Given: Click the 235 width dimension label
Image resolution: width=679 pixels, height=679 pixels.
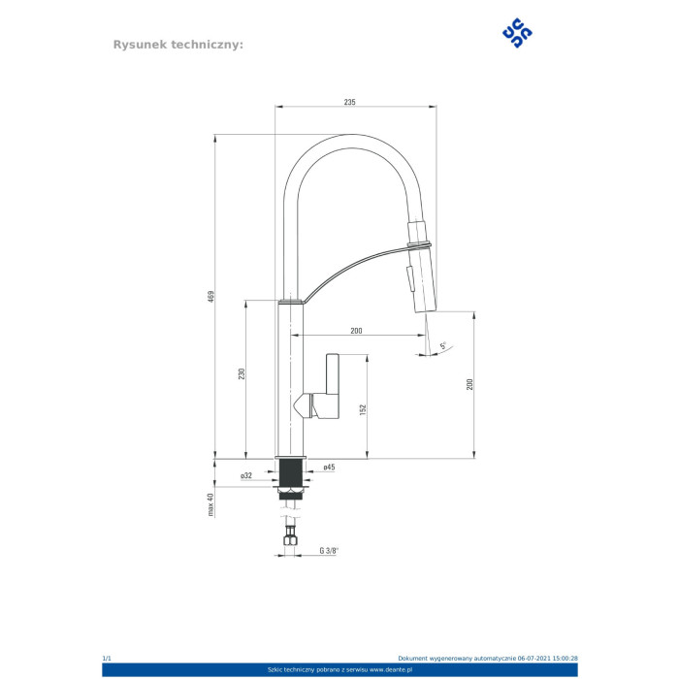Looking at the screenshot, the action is pos(349,102).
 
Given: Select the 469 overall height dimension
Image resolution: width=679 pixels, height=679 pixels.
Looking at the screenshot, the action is pos(210,297).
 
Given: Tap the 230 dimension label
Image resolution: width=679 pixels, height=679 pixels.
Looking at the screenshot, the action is pos(242,373).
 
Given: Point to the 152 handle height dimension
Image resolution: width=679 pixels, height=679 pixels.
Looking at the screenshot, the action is pos(363,409).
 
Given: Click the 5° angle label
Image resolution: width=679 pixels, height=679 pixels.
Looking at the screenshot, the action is pos(443,345).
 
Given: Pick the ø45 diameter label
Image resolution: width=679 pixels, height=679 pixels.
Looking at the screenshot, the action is pos(329,468).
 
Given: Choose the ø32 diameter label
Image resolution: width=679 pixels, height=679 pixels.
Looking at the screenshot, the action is pos(246,475).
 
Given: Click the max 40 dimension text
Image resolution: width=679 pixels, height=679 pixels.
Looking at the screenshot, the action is pos(210,504).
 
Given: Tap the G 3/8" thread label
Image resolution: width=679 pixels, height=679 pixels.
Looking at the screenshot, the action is pos(329,551).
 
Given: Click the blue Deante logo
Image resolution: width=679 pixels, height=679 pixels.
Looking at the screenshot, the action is pos(517,32).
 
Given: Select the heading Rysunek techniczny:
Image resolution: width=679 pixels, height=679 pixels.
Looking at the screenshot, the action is pos(178,45).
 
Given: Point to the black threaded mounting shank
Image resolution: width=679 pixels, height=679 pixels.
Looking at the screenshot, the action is pos(291,473).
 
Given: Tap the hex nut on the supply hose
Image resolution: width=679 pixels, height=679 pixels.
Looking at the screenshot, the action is pos(290,539).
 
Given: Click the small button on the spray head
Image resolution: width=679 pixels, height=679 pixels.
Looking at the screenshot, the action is pos(409,279).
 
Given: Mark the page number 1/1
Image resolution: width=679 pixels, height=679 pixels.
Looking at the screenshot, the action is pos(107,659).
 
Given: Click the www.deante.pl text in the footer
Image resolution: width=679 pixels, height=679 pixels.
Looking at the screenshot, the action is pos(391,670).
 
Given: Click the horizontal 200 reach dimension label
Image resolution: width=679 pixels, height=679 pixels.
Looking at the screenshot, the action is pos(356,331).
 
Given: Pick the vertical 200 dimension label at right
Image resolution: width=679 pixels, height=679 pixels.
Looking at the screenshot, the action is pos(469,384).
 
